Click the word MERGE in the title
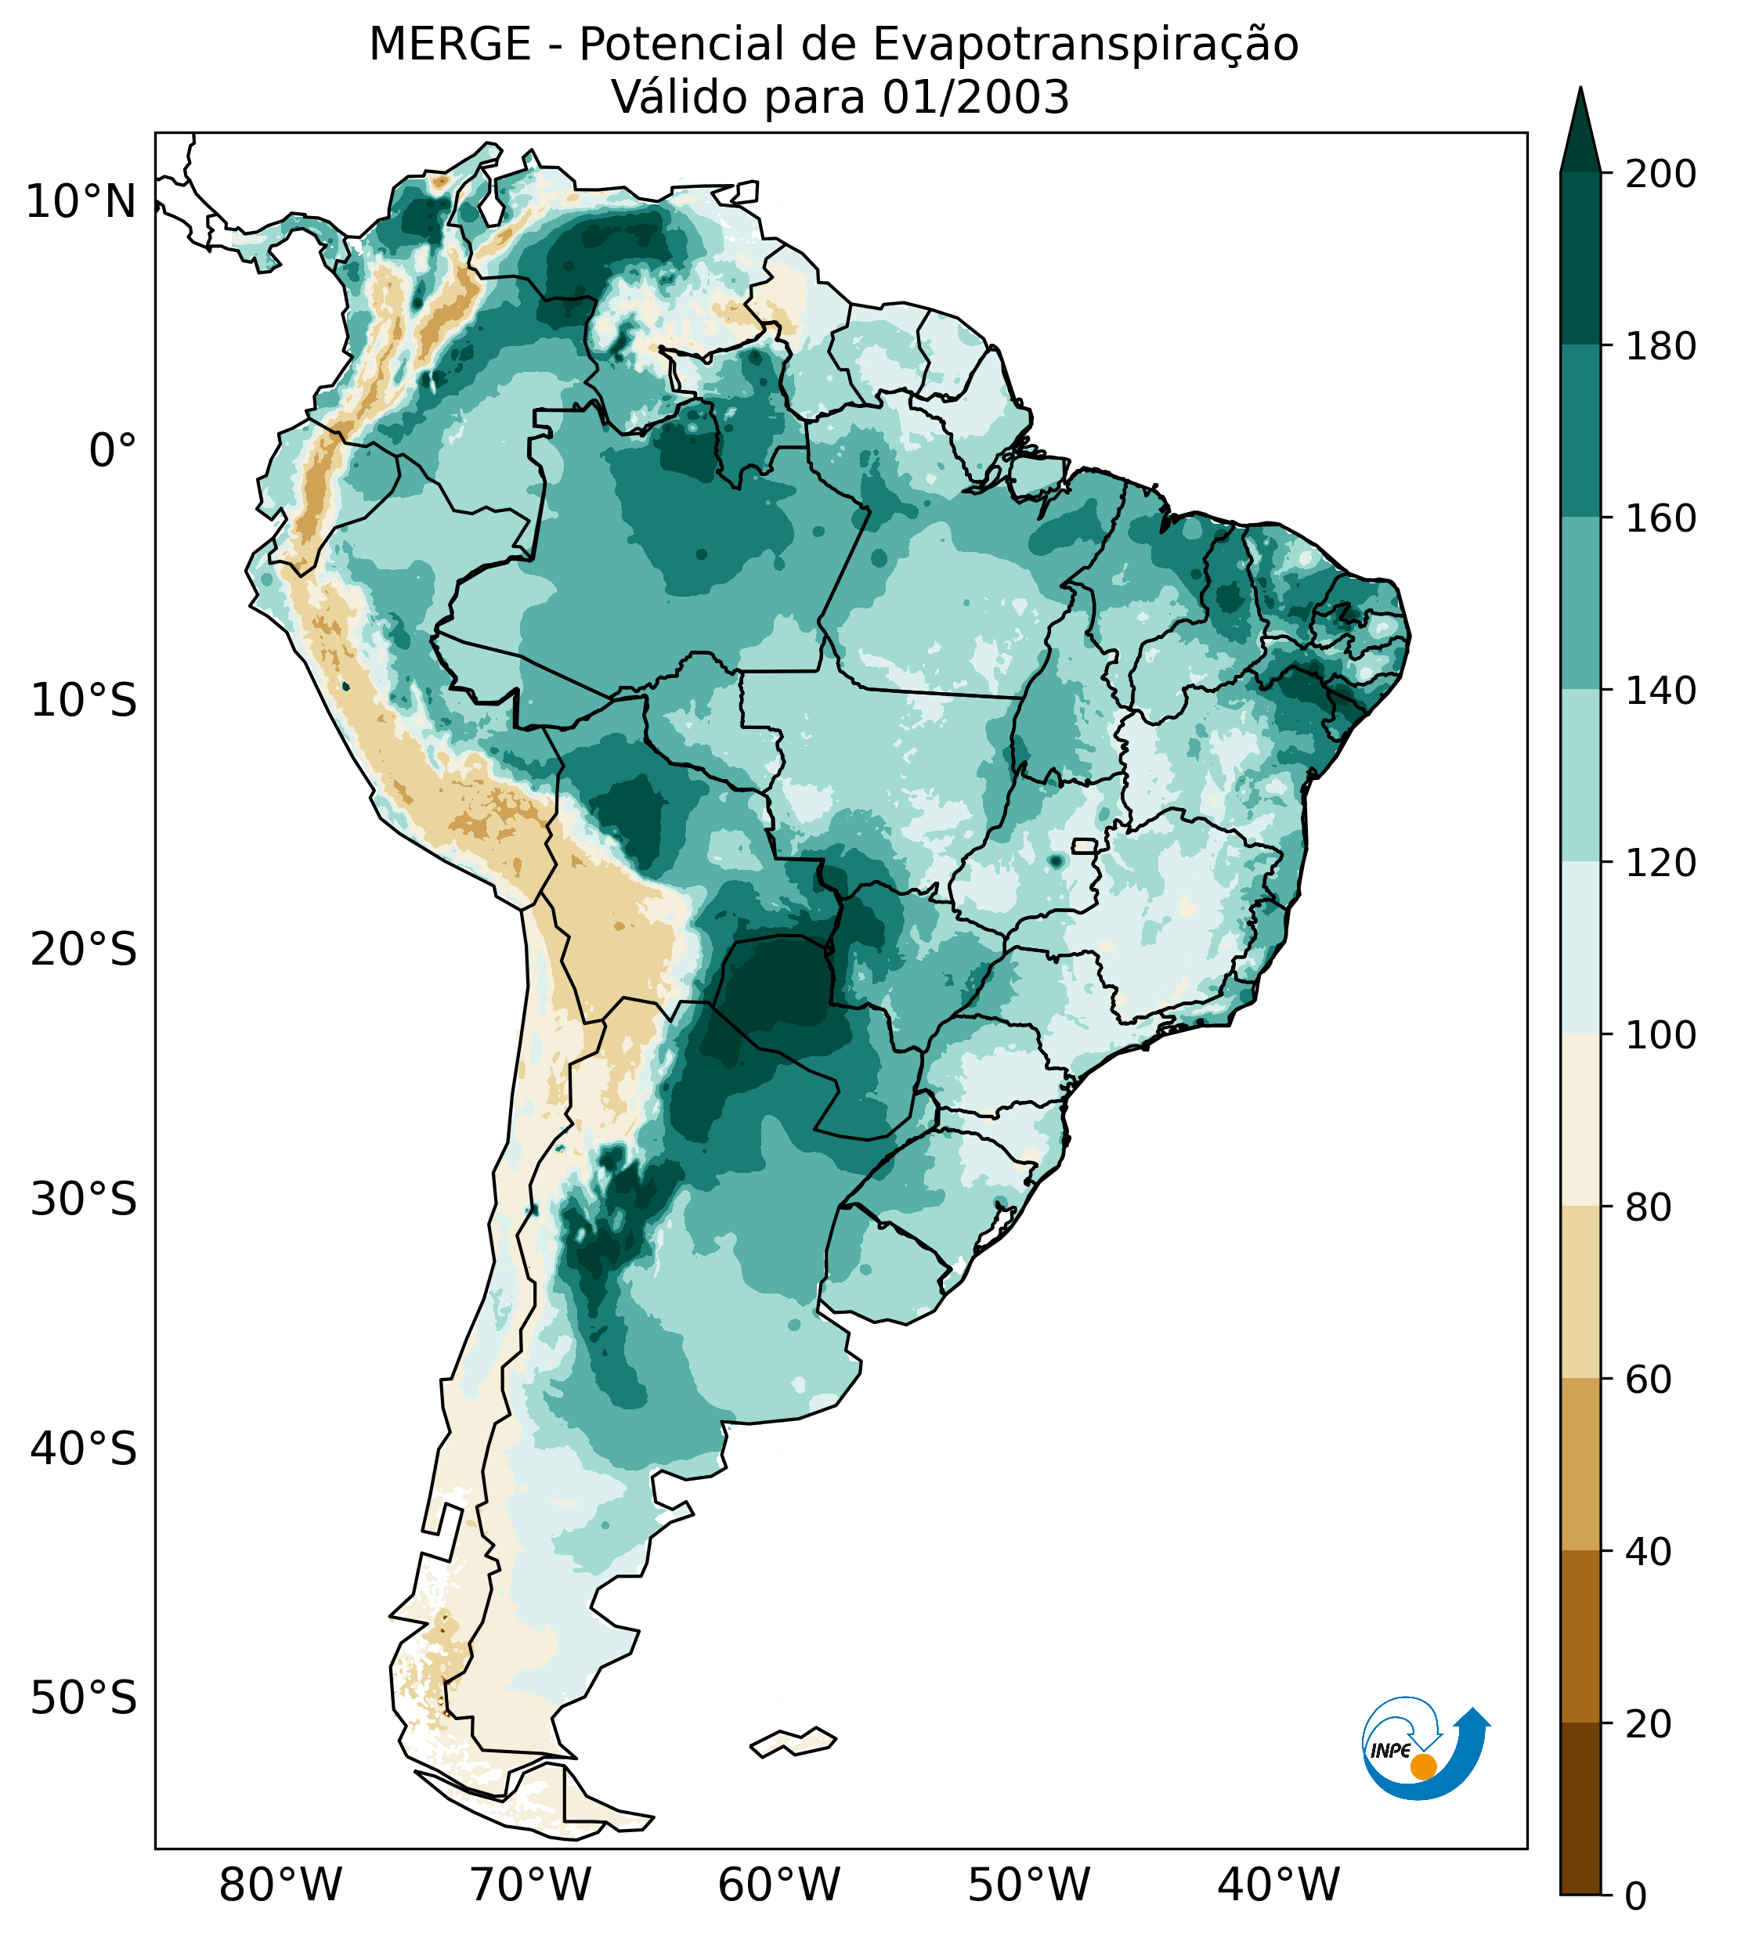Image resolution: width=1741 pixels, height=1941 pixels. (450, 45)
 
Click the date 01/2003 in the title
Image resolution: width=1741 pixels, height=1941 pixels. (975, 98)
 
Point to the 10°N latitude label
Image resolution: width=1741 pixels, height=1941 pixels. (81, 203)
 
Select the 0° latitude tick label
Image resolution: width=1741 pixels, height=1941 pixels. (113, 451)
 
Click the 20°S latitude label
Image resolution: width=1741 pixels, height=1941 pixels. (84, 951)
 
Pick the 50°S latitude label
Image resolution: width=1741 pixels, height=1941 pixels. (84, 1699)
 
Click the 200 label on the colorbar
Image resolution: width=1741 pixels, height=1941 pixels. (1660, 175)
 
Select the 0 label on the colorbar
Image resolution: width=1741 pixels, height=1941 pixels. (1636, 1896)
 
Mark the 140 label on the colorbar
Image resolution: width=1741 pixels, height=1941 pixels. (1660, 691)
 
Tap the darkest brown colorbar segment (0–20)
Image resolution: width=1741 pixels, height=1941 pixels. (1580, 1809)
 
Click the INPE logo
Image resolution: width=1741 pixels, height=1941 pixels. (1425, 1748)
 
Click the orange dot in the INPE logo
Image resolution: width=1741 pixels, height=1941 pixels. (1423, 1766)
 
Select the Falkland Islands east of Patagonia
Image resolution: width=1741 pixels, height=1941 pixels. (794, 1742)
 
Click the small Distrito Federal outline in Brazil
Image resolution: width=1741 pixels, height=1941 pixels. (1084, 846)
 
